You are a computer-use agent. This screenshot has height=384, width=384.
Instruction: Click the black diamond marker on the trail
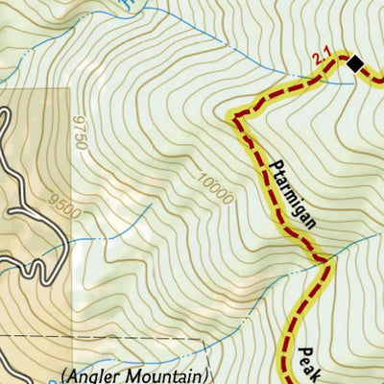(354, 64)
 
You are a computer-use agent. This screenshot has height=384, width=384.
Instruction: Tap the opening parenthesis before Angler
(63, 374)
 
